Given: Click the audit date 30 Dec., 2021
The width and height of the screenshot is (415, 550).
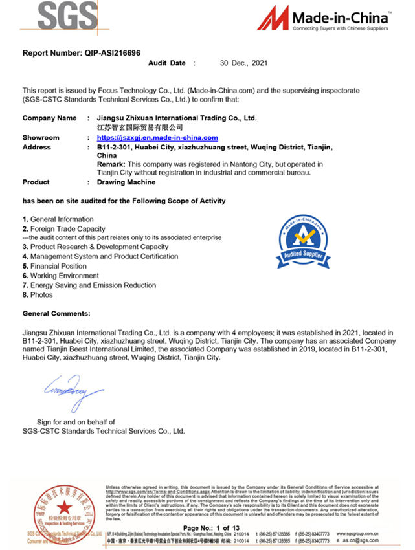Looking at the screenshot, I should [243, 63].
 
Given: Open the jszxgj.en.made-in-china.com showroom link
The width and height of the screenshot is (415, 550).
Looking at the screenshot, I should [157, 138].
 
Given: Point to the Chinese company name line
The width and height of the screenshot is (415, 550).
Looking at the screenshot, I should [135, 128].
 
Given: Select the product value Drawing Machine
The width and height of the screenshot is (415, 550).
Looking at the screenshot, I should [126, 182].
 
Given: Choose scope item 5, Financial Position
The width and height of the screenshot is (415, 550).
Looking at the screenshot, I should [58, 266].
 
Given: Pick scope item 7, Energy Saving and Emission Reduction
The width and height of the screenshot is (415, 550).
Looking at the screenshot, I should [93, 285].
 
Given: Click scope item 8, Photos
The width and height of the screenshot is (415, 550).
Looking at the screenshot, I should [41, 294].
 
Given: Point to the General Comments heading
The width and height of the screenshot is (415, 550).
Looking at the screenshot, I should [56, 313].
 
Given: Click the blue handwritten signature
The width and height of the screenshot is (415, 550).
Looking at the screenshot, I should [73, 391].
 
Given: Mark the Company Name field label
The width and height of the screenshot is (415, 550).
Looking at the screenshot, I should [49, 118].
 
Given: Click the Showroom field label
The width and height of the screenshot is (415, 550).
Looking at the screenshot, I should [41, 138].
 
